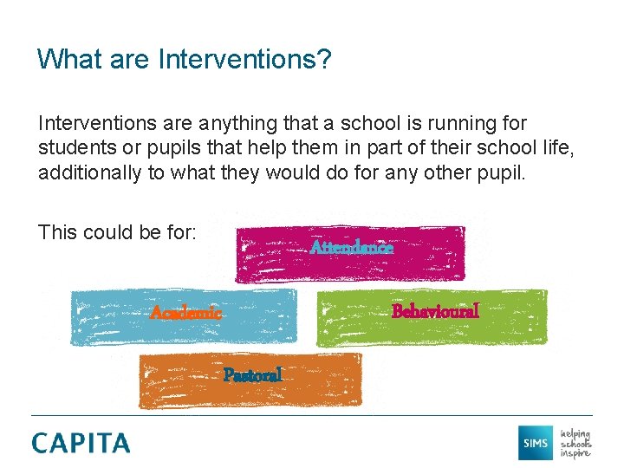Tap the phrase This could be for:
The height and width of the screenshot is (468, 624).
[x=117, y=232]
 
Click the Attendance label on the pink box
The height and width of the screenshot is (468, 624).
[x=351, y=248]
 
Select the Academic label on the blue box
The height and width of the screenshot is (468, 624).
[x=185, y=311]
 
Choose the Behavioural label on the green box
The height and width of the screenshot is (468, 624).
[x=435, y=310]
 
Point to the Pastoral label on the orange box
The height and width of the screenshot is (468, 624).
[x=252, y=375]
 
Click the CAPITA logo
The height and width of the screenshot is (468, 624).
[x=81, y=443]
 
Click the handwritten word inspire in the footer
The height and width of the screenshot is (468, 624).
[x=575, y=452]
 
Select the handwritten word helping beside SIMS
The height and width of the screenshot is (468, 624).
[x=575, y=432]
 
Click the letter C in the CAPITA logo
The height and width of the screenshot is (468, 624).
[x=42, y=443]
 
